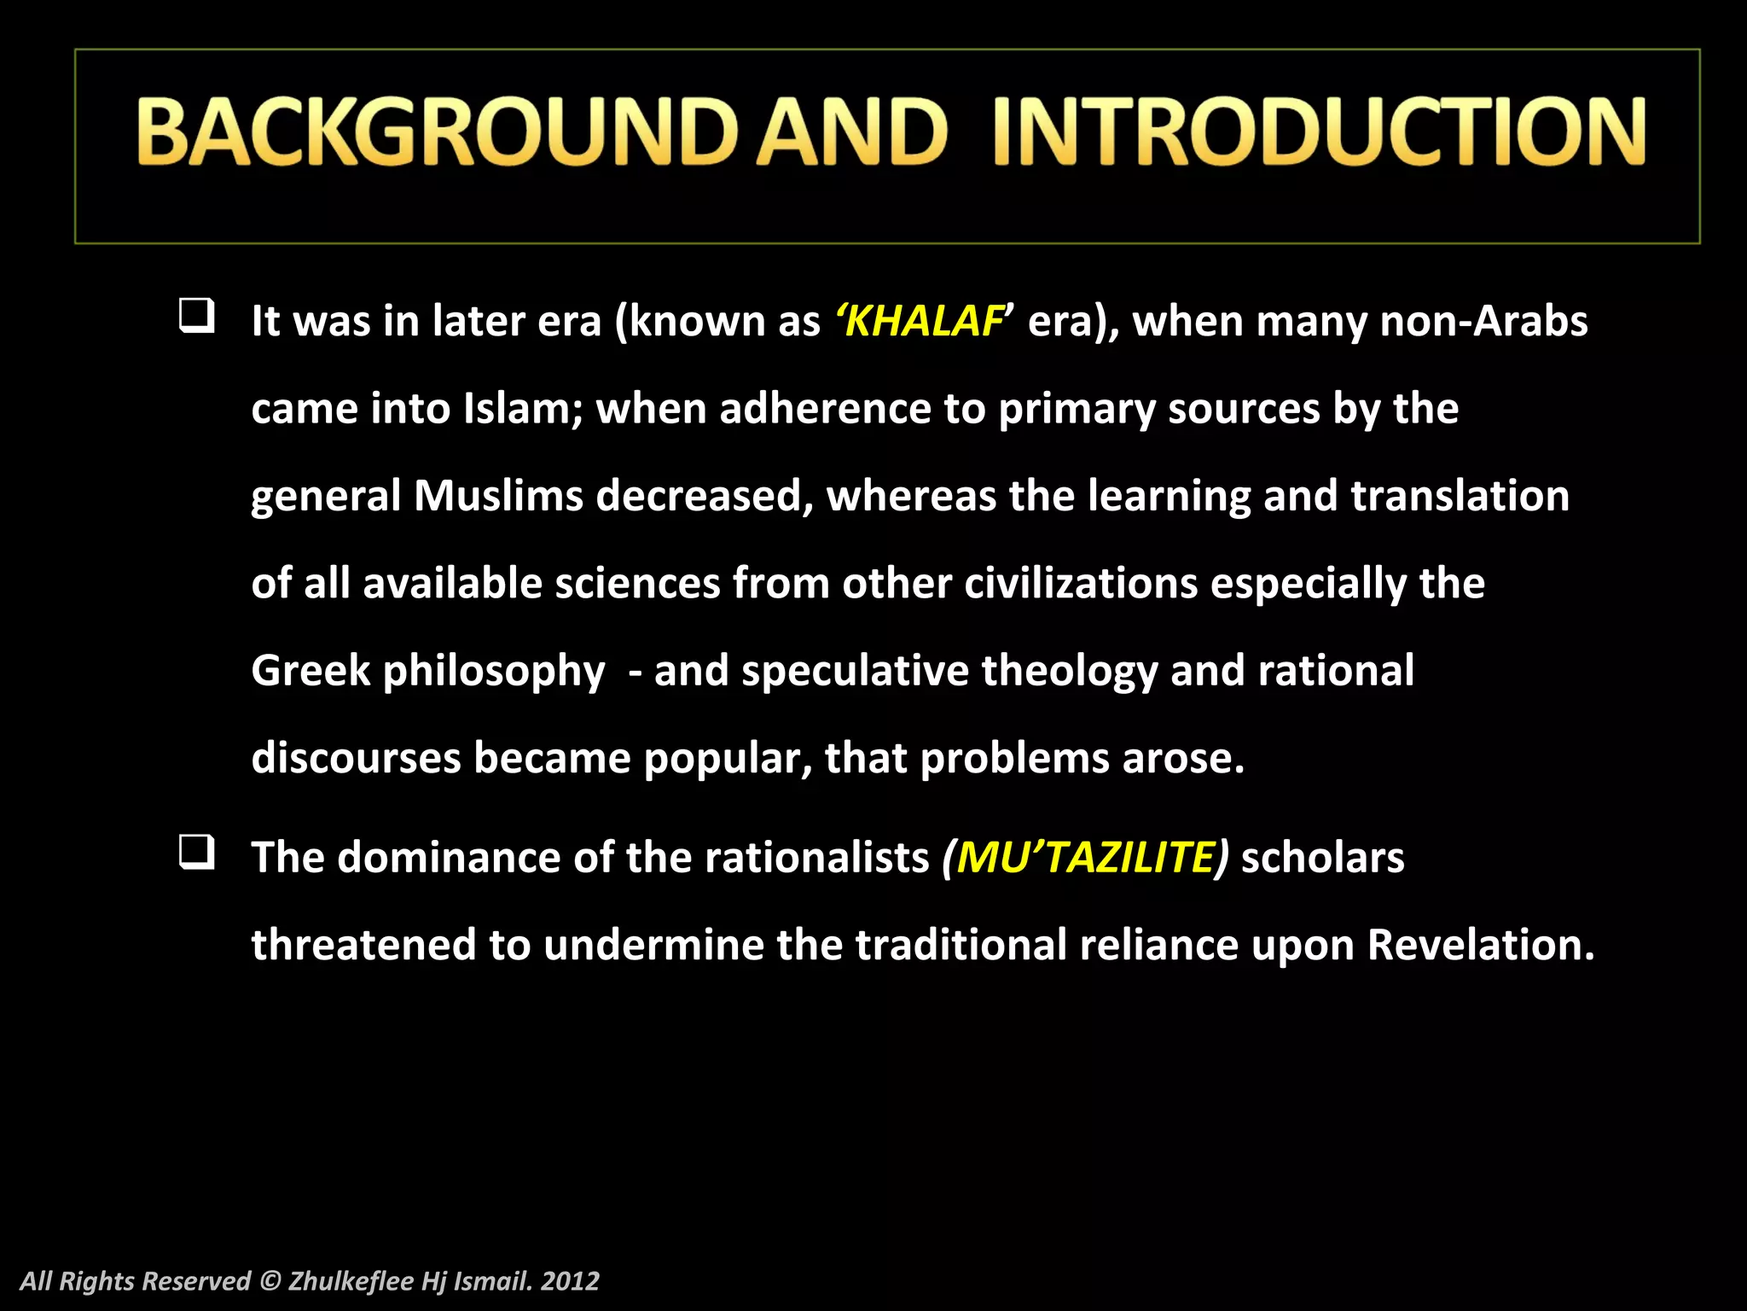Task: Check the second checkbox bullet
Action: click(196, 852)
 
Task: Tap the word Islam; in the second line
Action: click(523, 409)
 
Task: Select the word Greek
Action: click(311, 671)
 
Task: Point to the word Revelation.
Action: click(1480, 945)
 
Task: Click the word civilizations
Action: click(1081, 584)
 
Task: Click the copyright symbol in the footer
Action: click(270, 1281)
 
